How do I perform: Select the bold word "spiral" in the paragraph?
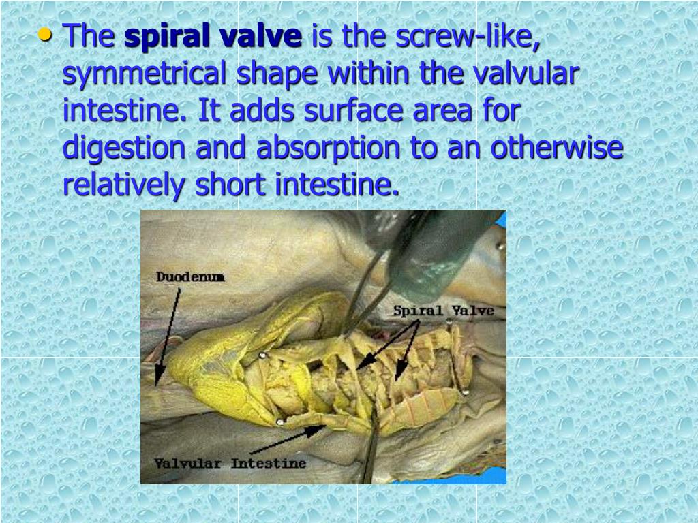[165, 37]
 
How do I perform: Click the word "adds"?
[258, 110]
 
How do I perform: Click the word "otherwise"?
[556, 148]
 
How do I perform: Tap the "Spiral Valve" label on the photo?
[443, 311]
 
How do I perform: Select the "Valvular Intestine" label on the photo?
[230, 464]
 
